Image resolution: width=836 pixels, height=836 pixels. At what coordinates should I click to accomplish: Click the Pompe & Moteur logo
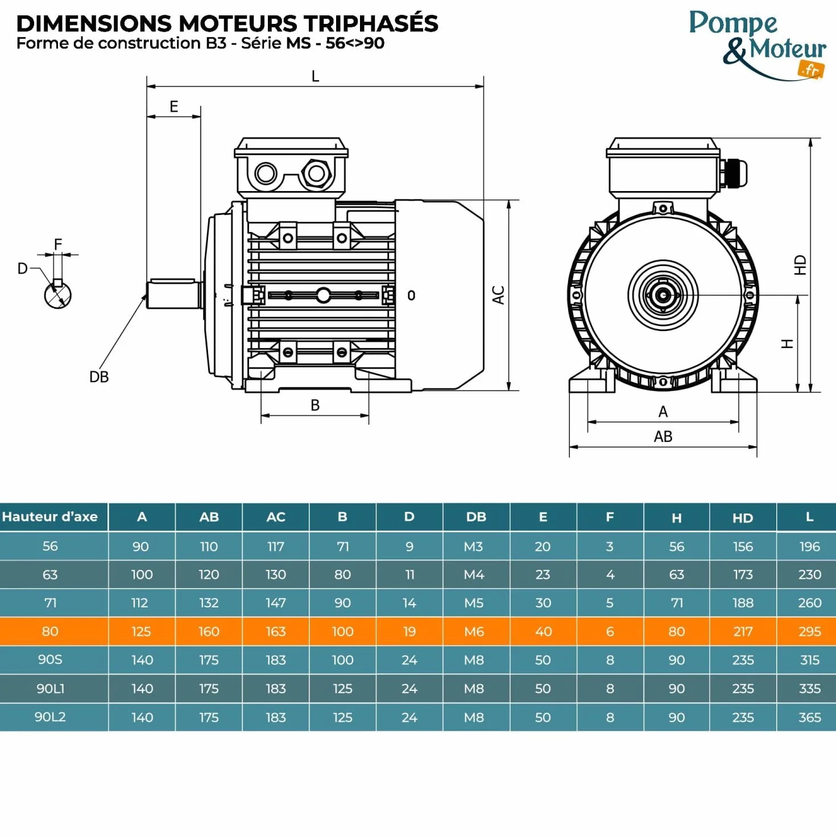757,45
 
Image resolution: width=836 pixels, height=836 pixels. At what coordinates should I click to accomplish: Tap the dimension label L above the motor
316,76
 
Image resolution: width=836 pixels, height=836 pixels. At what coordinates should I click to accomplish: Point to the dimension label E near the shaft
174,106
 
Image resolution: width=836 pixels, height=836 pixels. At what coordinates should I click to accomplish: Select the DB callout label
99,377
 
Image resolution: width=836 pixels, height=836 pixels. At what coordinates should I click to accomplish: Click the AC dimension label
499,295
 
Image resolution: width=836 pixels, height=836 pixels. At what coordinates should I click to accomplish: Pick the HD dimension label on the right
800,264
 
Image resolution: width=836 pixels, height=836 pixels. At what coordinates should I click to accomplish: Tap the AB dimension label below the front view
663,436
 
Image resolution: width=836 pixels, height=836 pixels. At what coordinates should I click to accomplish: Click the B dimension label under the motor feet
316,405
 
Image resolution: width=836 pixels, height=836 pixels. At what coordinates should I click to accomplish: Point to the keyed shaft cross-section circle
57,295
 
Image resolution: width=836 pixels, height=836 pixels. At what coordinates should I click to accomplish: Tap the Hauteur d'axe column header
50,517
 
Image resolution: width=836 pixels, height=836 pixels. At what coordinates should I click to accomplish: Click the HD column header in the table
743,518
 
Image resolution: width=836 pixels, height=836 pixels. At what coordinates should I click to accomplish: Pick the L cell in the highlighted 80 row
809,631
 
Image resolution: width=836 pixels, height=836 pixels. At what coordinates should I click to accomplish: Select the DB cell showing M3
473,546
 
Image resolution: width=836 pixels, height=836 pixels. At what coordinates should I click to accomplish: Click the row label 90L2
50,717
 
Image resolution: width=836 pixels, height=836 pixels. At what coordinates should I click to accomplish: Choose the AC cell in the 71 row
276,603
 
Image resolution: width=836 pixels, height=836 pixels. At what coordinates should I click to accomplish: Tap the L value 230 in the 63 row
809,574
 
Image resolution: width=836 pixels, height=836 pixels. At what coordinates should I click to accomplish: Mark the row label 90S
50,660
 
